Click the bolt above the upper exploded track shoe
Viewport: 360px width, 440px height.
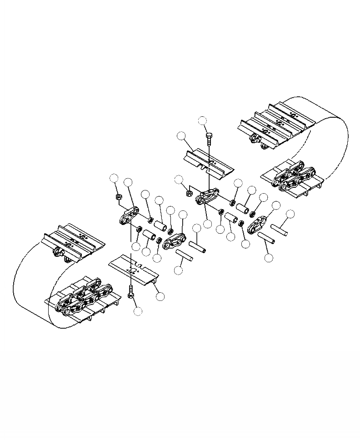[x=209, y=139]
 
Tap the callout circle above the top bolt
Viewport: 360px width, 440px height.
[x=203, y=120]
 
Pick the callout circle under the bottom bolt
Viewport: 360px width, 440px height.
[x=138, y=311]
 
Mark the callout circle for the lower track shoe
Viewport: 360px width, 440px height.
[x=160, y=296]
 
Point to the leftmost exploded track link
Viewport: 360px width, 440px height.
[x=130, y=215]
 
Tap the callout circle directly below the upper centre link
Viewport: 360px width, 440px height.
[x=208, y=224]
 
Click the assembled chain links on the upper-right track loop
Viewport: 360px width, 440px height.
[x=293, y=175]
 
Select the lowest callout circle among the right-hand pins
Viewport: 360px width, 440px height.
[x=269, y=257]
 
